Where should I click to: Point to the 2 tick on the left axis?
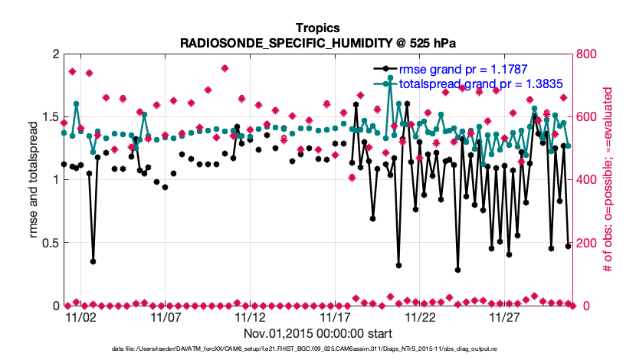(x=55, y=54)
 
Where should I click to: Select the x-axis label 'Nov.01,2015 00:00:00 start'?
(x=318, y=333)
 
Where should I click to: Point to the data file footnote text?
(x=318, y=349)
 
